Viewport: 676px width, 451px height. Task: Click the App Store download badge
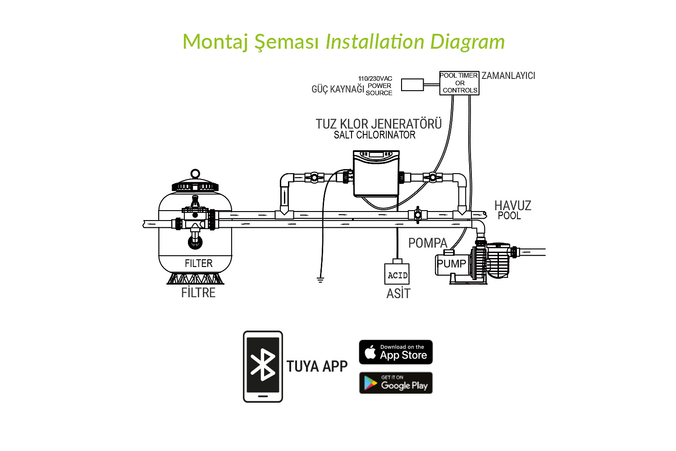pyautogui.click(x=396, y=352)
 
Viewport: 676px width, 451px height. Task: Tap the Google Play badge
pyautogui.click(x=396, y=383)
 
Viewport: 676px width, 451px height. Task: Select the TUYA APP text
pyautogui.click(x=317, y=367)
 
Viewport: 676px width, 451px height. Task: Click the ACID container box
pyautogui.click(x=397, y=274)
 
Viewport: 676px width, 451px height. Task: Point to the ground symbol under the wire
pyautogui.click(x=320, y=280)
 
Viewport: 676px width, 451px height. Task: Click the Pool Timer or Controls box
pyautogui.click(x=459, y=83)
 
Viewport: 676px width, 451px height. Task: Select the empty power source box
pyautogui.click(x=412, y=85)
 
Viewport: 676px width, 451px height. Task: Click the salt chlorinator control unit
pyautogui.click(x=376, y=174)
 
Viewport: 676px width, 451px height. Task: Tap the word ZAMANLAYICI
pyautogui.click(x=508, y=76)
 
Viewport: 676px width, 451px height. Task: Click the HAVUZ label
pyautogui.click(x=513, y=206)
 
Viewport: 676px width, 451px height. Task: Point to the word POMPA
pyautogui.click(x=427, y=243)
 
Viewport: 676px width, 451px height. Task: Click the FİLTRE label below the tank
pyautogui.click(x=198, y=293)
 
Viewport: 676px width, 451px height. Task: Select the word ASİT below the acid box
pyautogui.click(x=398, y=294)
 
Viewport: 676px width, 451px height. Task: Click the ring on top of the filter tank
pyautogui.click(x=195, y=174)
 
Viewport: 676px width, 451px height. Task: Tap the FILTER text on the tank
pyautogui.click(x=198, y=263)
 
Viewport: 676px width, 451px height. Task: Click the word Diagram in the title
pyautogui.click(x=467, y=42)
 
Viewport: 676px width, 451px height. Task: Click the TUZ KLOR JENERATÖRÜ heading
pyautogui.click(x=379, y=124)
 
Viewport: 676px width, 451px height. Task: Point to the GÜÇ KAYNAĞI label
pyautogui.click(x=338, y=89)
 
